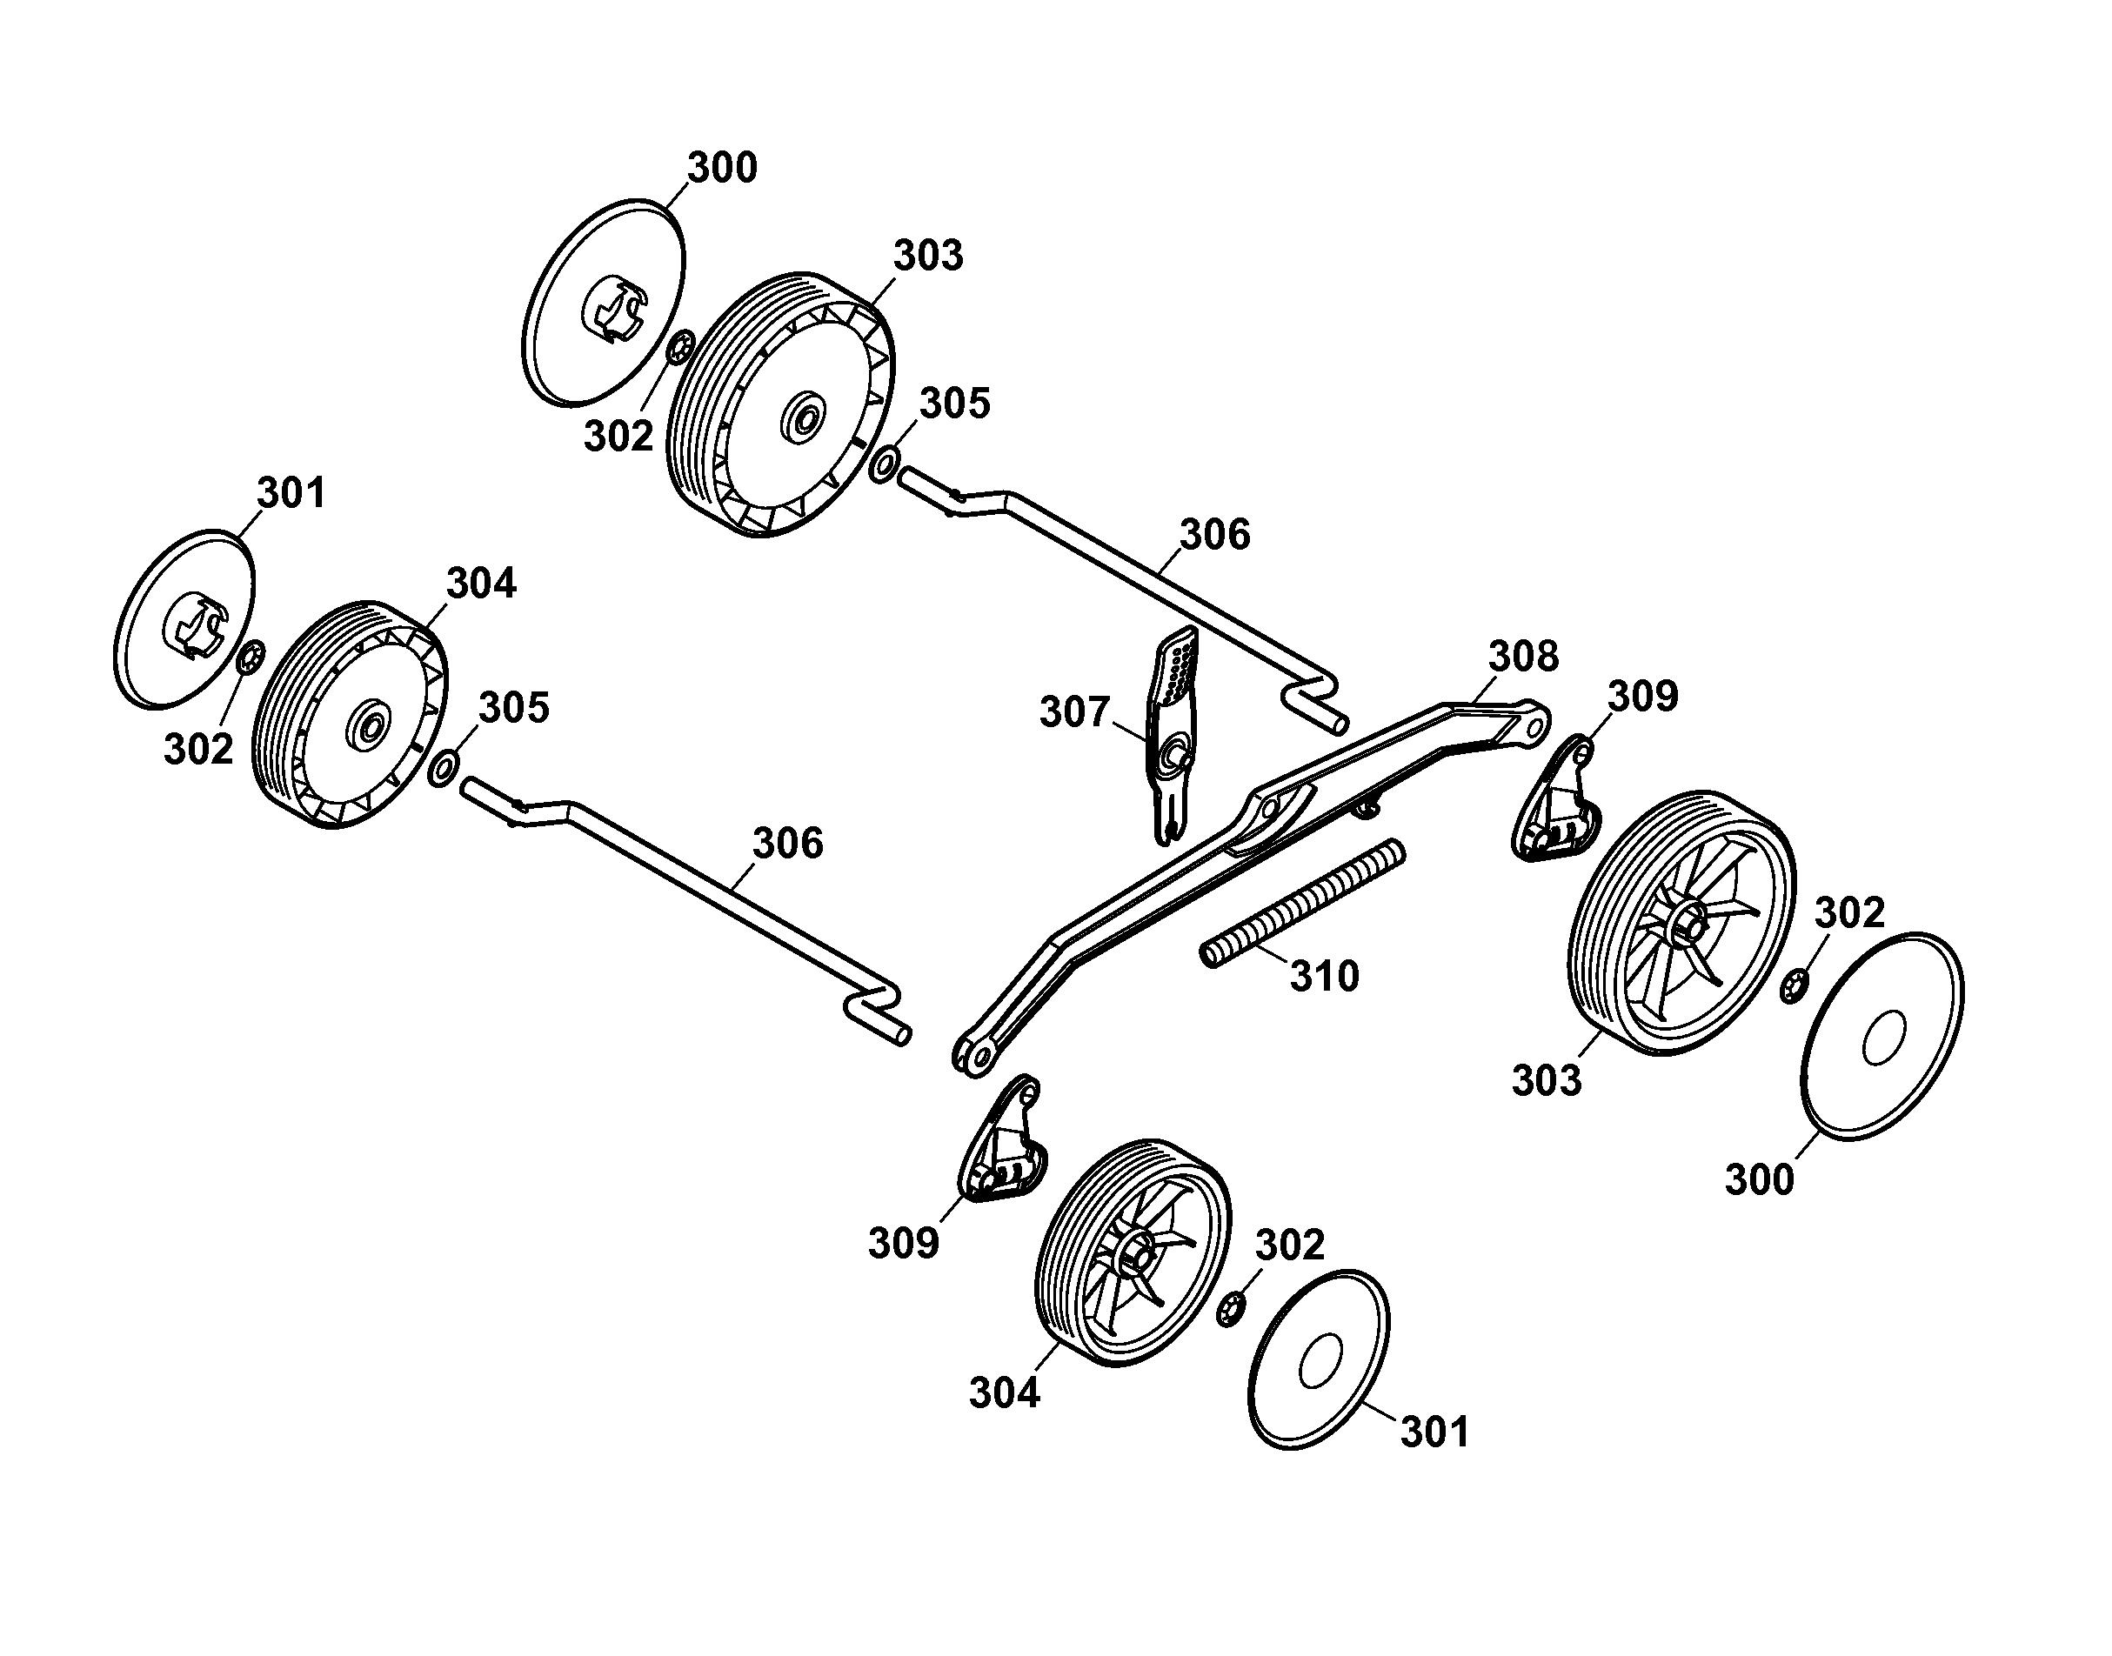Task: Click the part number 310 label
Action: pyautogui.click(x=1324, y=975)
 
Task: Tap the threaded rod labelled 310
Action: pyautogui.click(x=1302, y=903)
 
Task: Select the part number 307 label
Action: pyautogui.click(x=1073, y=712)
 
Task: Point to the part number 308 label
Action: pyautogui.click(x=1523, y=657)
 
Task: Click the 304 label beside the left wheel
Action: pyautogui.click(x=481, y=584)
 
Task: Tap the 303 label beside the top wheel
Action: pyautogui.click(x=928, y=256)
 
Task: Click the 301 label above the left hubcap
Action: pyautogui.click(x=291, y=493)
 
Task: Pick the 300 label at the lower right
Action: pyautogui.click(x=1759, y=1180)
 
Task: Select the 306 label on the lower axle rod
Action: pyautogui.click(x=787, y=844)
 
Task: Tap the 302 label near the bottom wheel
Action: pyautogui.click(x=1290, y=1245)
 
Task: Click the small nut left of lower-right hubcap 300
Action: pyautogui.click(x=1793, y=985)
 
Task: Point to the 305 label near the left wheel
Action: pyautogui.click(x=514, y=708)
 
